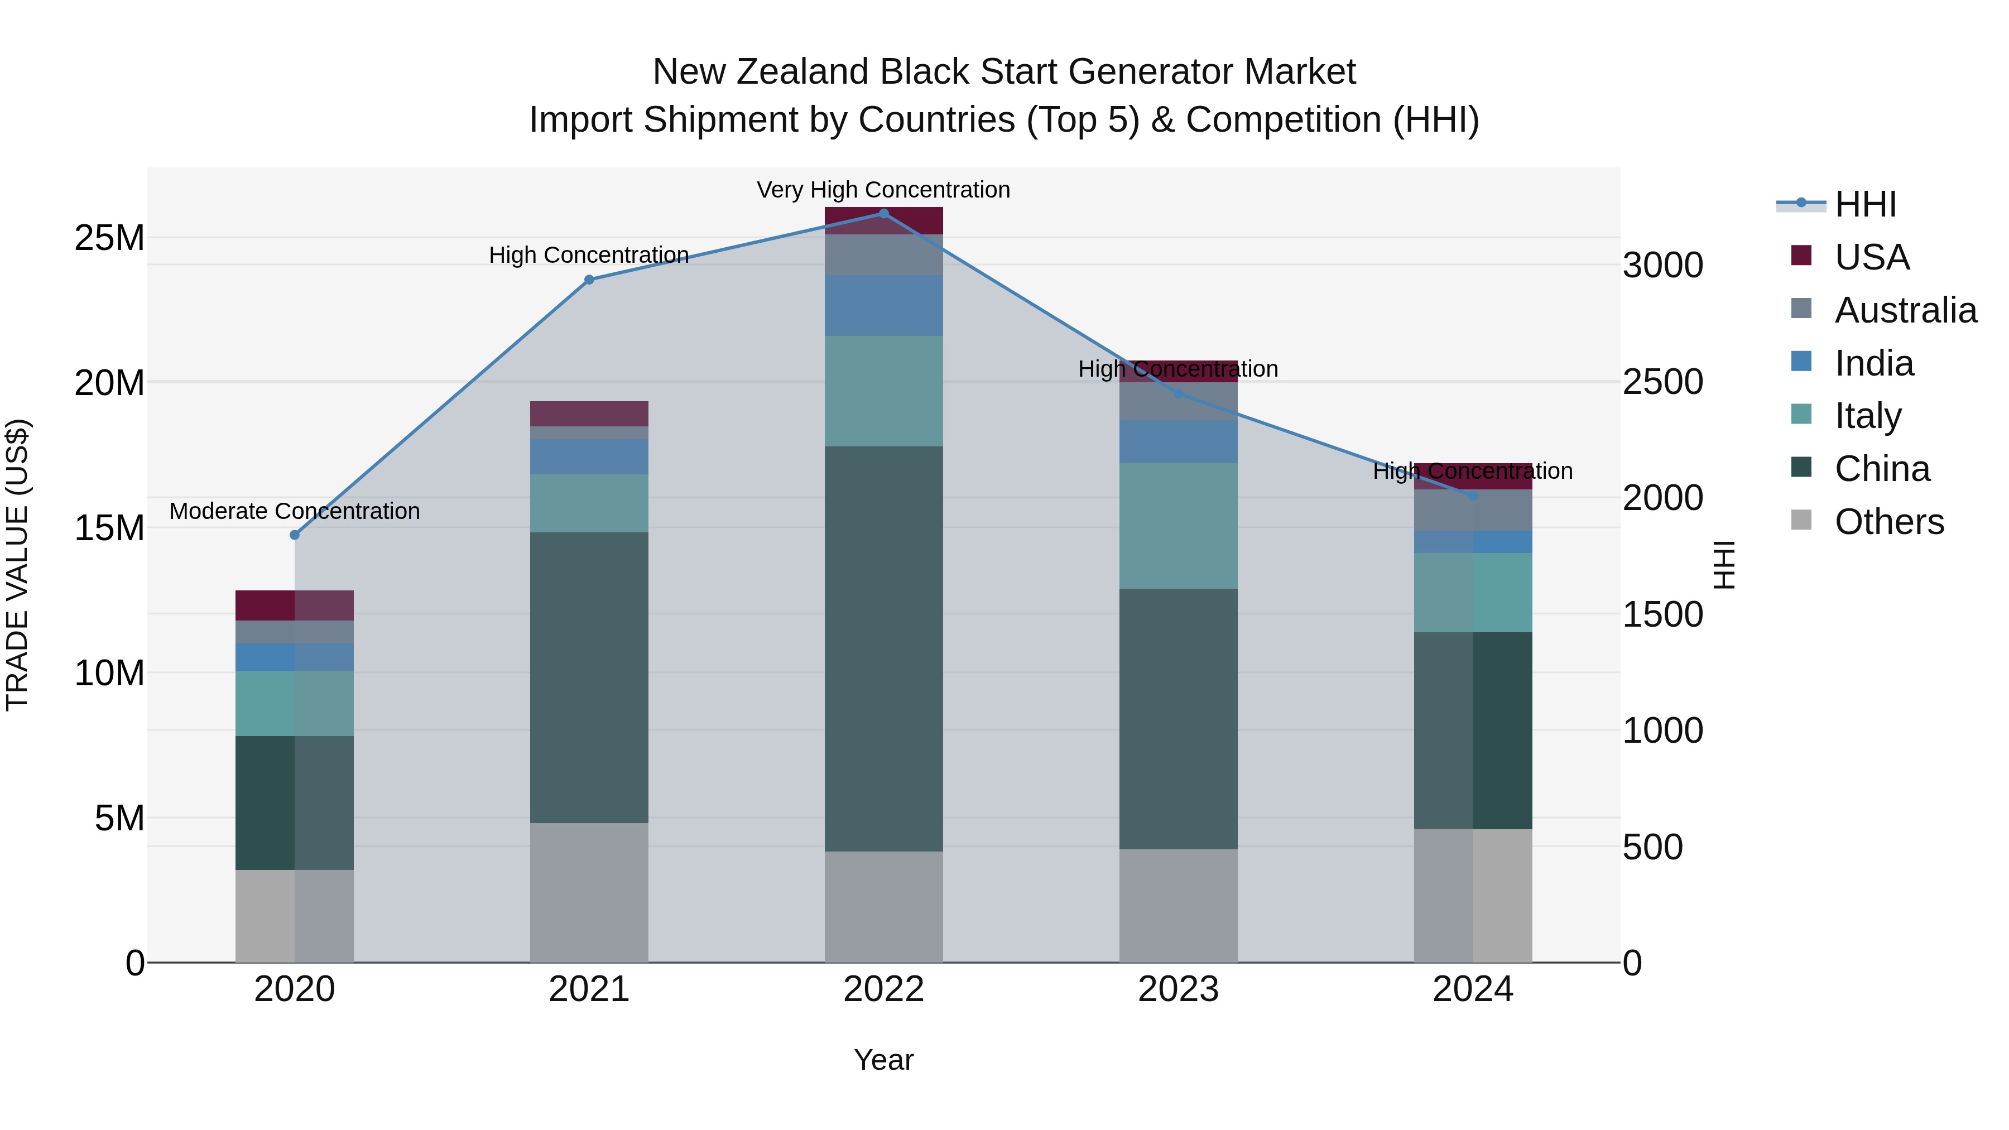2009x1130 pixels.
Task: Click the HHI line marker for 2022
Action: (883, 214)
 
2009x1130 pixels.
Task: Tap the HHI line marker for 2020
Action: (295, 535)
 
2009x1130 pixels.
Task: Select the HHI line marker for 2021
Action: (589, 280)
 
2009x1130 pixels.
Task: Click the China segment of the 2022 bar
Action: (883, 649)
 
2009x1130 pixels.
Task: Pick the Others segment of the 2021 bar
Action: (589, 892)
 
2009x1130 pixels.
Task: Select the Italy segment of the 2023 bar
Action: (1179, 526)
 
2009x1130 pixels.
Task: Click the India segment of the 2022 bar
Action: (883, 306)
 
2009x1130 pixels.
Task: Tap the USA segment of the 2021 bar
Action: (589, 413)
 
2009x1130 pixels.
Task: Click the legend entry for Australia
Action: (1905, 310)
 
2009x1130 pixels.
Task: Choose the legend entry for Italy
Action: (1868, 416)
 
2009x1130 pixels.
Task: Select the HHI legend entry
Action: (1864, 204)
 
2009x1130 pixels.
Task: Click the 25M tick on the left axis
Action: (109, 238)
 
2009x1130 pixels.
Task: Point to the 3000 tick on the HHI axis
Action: (1663, 265)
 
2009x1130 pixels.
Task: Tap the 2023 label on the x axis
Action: (1179, 989)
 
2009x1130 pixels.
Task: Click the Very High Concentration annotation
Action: (883, 190)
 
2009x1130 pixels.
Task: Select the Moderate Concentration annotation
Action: (295, 512)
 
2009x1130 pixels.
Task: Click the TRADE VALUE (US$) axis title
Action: (17, 565)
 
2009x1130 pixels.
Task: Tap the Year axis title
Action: (883, 1060)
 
